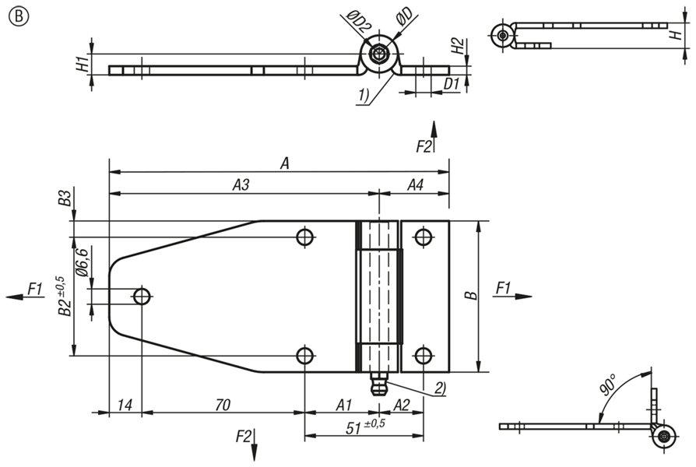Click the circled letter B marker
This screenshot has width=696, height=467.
18,16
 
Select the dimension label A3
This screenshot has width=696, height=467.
241,184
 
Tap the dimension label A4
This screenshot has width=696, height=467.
416,184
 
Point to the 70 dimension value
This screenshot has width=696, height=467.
223,405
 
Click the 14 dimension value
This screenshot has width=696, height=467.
125,405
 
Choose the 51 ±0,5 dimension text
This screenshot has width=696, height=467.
365,427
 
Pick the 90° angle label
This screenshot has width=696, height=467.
608,384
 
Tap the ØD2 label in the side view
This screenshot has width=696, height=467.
357,22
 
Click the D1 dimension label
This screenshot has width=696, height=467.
452,83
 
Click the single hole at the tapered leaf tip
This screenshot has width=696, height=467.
142,296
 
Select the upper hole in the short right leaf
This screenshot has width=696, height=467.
424,237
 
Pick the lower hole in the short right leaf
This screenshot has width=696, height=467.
424,356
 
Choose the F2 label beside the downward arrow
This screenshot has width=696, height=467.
243,437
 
